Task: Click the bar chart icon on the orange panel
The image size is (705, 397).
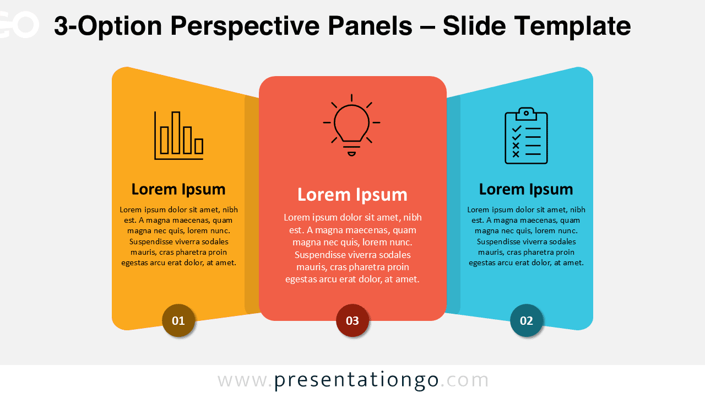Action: pos(178,136)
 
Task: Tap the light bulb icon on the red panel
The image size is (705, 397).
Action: pos(351,125)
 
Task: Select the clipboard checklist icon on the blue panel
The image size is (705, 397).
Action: pos(526,136)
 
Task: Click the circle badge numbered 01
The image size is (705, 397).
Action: pos(178,320)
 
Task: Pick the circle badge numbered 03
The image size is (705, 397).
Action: pos(352,320)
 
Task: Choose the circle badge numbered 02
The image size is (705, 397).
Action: pos(527,320)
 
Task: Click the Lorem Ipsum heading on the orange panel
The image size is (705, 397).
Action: pos(178,189)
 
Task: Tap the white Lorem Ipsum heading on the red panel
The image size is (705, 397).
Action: pos(352,194)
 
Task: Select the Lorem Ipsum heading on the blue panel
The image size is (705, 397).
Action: pos(526,189)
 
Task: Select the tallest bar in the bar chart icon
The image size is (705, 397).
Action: pos(176,132)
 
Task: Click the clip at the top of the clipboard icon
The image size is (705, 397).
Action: pos(526,112)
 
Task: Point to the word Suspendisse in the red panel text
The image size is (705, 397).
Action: pos(321,255)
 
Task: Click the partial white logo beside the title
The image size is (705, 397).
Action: pos(20,25)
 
